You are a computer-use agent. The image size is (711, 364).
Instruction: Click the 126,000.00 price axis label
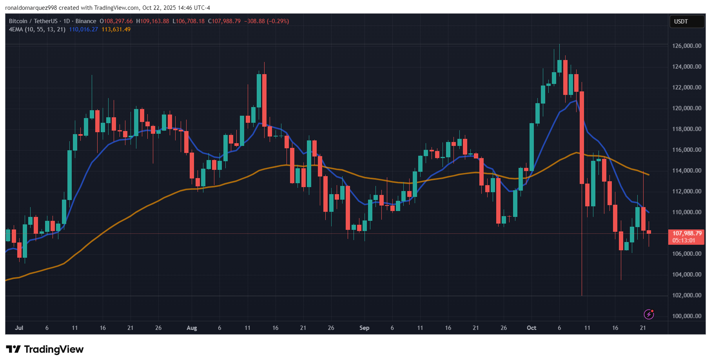point(686,46)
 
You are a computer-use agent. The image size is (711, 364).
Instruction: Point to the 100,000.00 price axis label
point(686,316)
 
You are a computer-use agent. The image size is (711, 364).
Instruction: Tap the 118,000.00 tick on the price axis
point(686,129)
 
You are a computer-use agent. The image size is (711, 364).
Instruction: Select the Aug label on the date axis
point(192,328)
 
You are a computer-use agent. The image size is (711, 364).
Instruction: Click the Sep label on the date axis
point(364,328)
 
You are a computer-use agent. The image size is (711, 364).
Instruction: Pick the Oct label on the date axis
point(531,328)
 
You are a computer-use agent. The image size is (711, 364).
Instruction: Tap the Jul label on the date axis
point(19,328)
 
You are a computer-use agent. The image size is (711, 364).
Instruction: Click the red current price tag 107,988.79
point(686,234)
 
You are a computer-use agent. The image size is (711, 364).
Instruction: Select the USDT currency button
point(681,22)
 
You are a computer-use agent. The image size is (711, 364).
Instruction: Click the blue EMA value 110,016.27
point(83,29)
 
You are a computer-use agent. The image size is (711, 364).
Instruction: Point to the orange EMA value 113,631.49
point(116,29)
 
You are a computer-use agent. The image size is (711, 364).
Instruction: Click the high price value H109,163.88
point(152,21)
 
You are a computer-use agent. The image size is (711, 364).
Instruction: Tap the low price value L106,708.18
point(189,21)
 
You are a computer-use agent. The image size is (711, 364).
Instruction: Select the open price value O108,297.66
point(116,21)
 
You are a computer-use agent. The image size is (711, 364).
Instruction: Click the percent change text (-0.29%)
point(278,21)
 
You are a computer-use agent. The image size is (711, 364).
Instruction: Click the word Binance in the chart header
point(85,21)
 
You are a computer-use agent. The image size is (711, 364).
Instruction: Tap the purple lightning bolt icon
point(649,314)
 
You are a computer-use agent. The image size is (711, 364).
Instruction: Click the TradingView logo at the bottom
point(45,349)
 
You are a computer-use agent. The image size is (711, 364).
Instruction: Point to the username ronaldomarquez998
point(31,8)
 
